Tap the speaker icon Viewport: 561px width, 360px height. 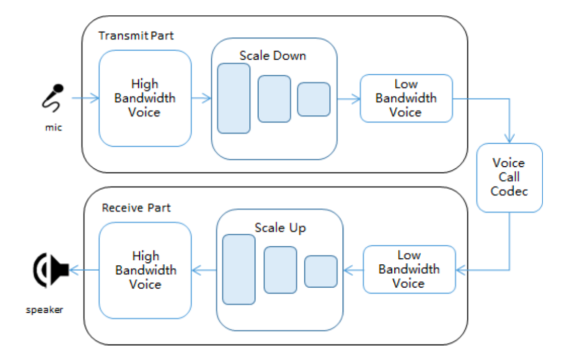51,270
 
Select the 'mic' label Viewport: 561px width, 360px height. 54,127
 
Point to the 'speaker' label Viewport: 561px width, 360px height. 44,310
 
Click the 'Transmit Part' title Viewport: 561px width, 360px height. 136,36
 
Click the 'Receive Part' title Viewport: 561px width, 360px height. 136,208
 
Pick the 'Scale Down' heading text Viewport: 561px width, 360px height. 273,56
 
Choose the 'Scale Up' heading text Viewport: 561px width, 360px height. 280,228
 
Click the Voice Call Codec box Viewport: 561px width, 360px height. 510,178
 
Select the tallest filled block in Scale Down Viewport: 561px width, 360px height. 234,98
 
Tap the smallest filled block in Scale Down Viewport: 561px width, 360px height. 314,99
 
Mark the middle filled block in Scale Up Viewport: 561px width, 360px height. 280,270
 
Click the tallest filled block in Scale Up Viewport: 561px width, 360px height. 239,270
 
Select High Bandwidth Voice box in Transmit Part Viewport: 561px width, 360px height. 145,98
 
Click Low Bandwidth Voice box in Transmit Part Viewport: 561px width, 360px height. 406,98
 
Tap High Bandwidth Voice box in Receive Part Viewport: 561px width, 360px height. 145,270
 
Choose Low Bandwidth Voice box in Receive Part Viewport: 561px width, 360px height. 409,270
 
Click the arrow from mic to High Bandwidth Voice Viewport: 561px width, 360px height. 86,98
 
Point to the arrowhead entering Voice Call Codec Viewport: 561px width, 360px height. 510,139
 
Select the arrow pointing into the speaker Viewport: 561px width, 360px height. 84,270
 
